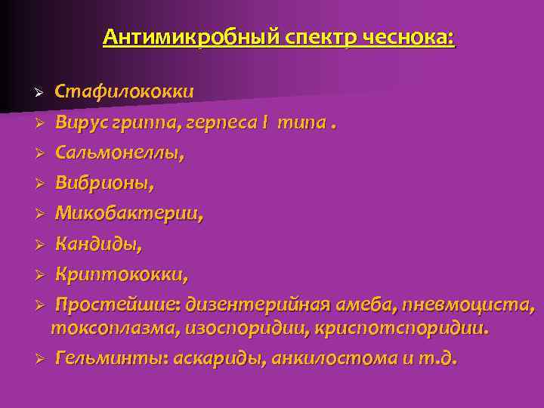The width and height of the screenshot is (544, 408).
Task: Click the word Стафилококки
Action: coord(124,91)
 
